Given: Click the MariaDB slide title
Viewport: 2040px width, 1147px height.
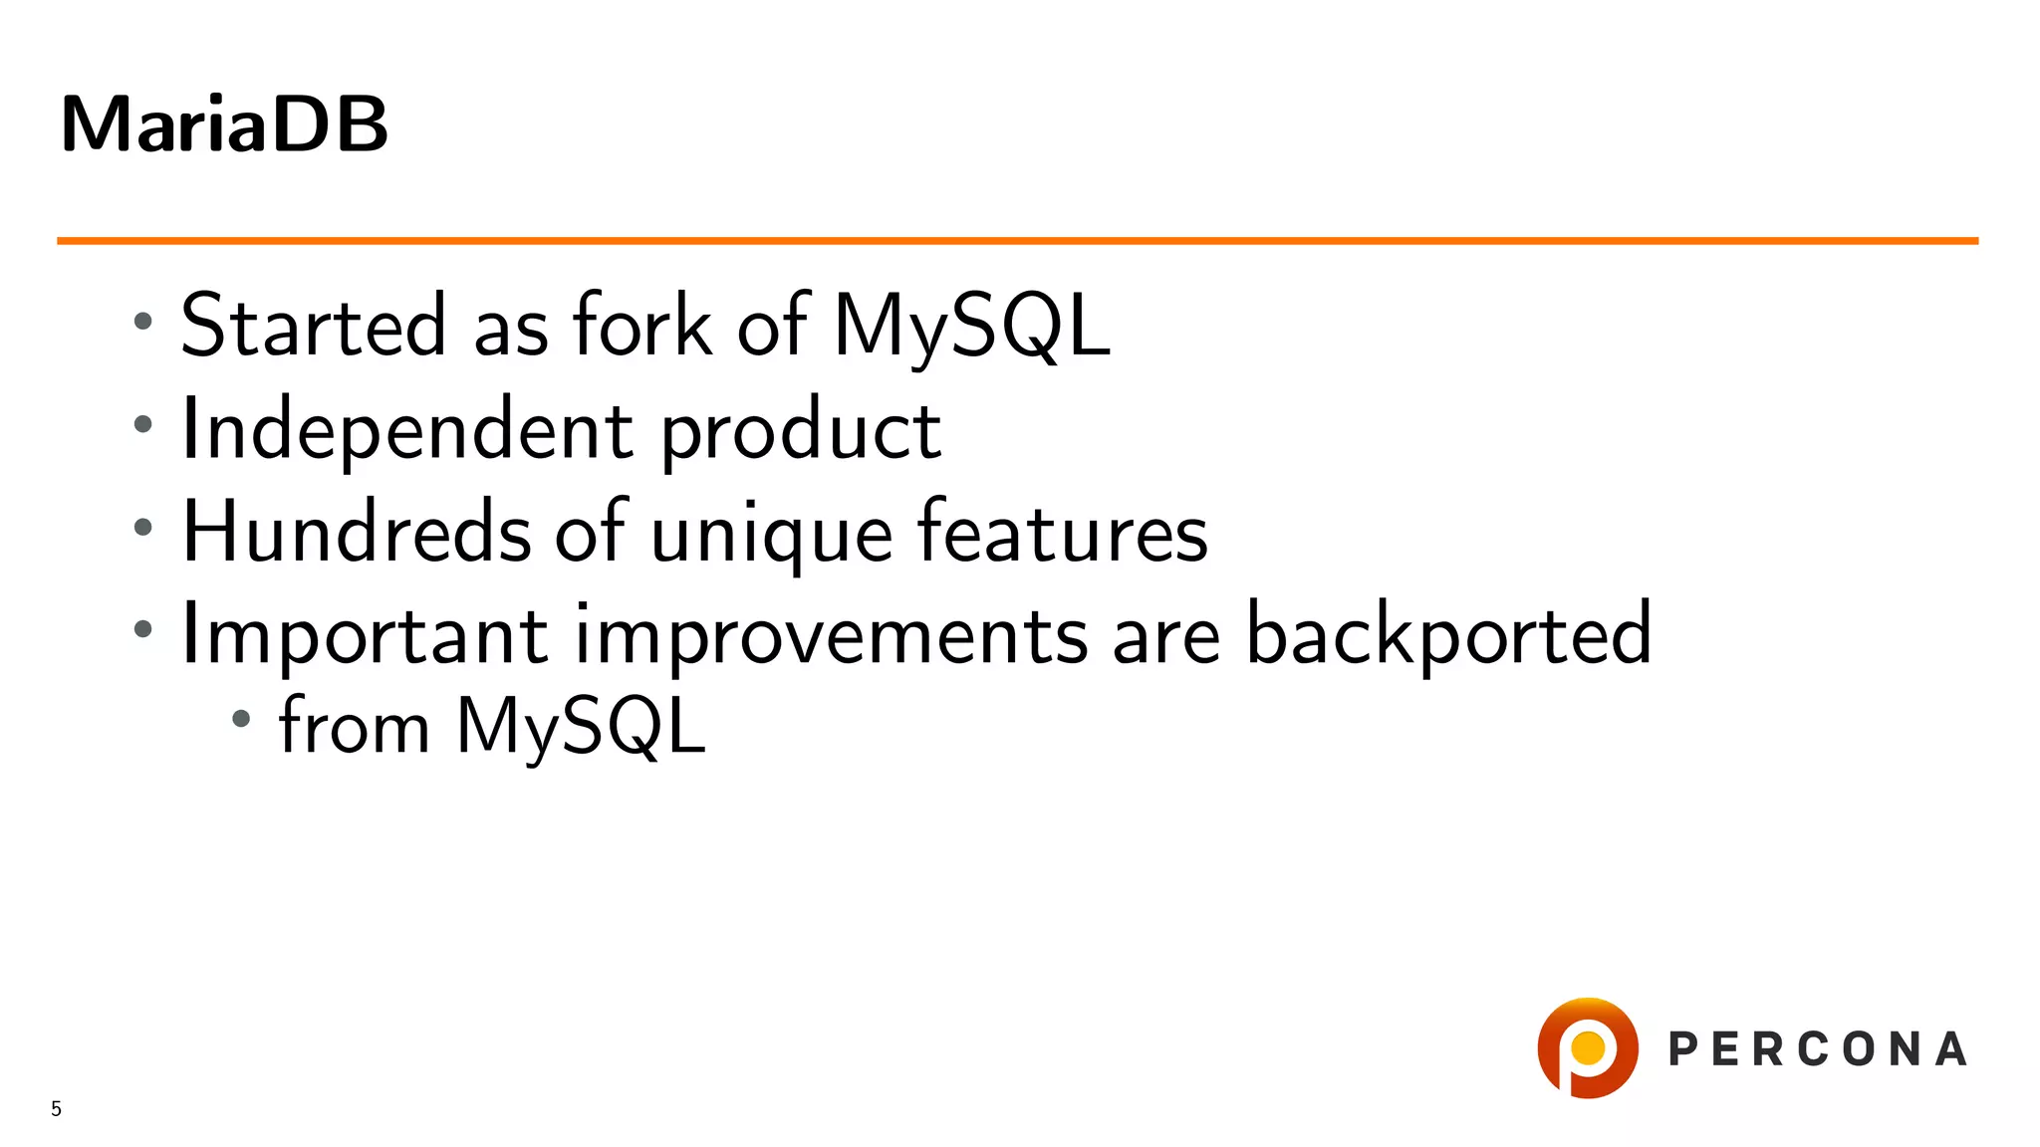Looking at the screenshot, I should (x=224, y=124).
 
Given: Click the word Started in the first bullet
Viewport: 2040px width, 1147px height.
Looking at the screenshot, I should (x=313, y=326).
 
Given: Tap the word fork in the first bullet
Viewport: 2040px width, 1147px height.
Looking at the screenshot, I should (x=642, y=326).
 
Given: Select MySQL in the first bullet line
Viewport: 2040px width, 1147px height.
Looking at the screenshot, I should (x=971, y=326).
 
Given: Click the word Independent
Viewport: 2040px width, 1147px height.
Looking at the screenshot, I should (x=406, y=429).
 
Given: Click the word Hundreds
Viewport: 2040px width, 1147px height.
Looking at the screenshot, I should (x=357, y=532).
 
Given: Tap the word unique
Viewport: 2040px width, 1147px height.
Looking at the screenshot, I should (x=771, y=536).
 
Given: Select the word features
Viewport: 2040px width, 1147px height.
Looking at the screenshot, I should (x=1062, y=532).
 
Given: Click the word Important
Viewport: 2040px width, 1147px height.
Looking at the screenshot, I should (x=365, y=635).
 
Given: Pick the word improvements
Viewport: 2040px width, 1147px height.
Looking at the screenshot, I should (x=832, y=637).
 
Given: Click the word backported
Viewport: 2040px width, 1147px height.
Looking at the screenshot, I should (x=1449, y=635).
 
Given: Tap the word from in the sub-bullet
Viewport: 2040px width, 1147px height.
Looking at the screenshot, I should (x=354, y=726).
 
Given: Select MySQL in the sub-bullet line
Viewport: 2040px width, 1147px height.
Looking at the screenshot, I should (x=581, y=726).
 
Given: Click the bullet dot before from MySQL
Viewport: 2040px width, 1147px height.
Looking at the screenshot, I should (x=241, y=718).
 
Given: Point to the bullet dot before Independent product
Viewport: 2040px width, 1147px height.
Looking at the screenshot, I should (x=143, y=424).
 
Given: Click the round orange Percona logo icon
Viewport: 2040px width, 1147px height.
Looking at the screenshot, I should (x=1588, y=1047).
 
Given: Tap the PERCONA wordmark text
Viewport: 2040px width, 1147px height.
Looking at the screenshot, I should (x=1818, y=1049).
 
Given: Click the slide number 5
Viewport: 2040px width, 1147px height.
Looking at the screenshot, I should (x=57, y=1108).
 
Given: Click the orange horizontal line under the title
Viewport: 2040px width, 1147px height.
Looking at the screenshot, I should (x=1016, y=241).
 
